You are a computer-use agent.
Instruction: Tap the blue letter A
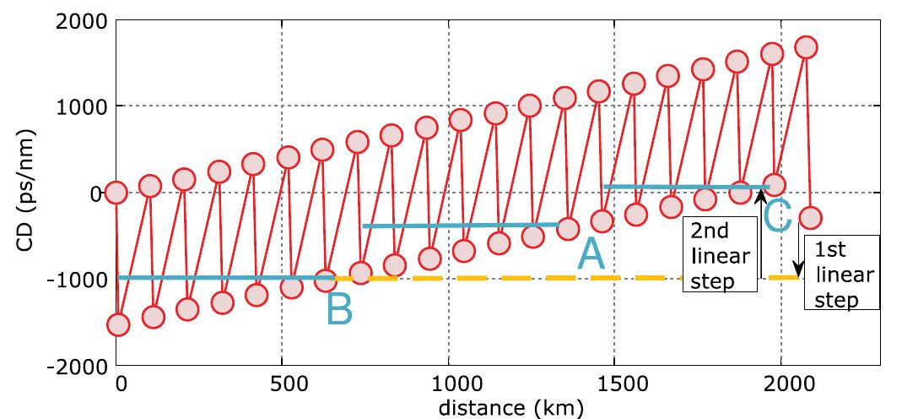(x=591, y=254)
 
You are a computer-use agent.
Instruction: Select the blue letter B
(x=338, y=309)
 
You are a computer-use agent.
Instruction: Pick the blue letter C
(x=777, y=215)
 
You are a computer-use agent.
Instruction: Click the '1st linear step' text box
(x=840, y=272)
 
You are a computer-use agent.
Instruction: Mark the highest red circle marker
(x=806, y=47)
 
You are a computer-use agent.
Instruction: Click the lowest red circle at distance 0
(x=117, y=324)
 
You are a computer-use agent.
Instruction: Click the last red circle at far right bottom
(x=809, y=218)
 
